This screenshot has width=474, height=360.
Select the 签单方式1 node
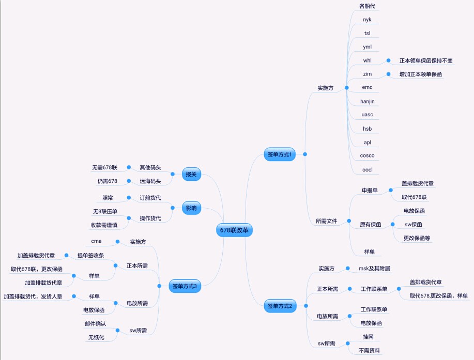[280, 154]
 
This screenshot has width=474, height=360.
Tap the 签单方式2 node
[280, 306]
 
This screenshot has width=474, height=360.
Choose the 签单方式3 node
[185, 286]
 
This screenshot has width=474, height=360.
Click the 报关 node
[191, 174]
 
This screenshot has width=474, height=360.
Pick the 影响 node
[191, 209]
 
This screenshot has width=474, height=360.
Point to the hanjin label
[368, 101]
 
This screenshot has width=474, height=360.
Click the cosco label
[368, 155]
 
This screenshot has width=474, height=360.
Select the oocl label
[368, 169]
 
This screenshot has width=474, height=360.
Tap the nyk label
[368, 20]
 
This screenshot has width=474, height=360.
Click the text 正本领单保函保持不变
[426, 60]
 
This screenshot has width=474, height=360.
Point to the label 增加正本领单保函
[421, 74]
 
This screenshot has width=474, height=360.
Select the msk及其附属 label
[374, 269]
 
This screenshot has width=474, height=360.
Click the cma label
[96, 241]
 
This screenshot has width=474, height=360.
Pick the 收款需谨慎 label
[104, 225]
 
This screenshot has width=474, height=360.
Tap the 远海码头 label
[150, 181]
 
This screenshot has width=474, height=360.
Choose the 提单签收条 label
[90, 256]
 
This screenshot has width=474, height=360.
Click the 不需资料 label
[370, 350]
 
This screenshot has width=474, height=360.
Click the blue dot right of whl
[388, 60]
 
